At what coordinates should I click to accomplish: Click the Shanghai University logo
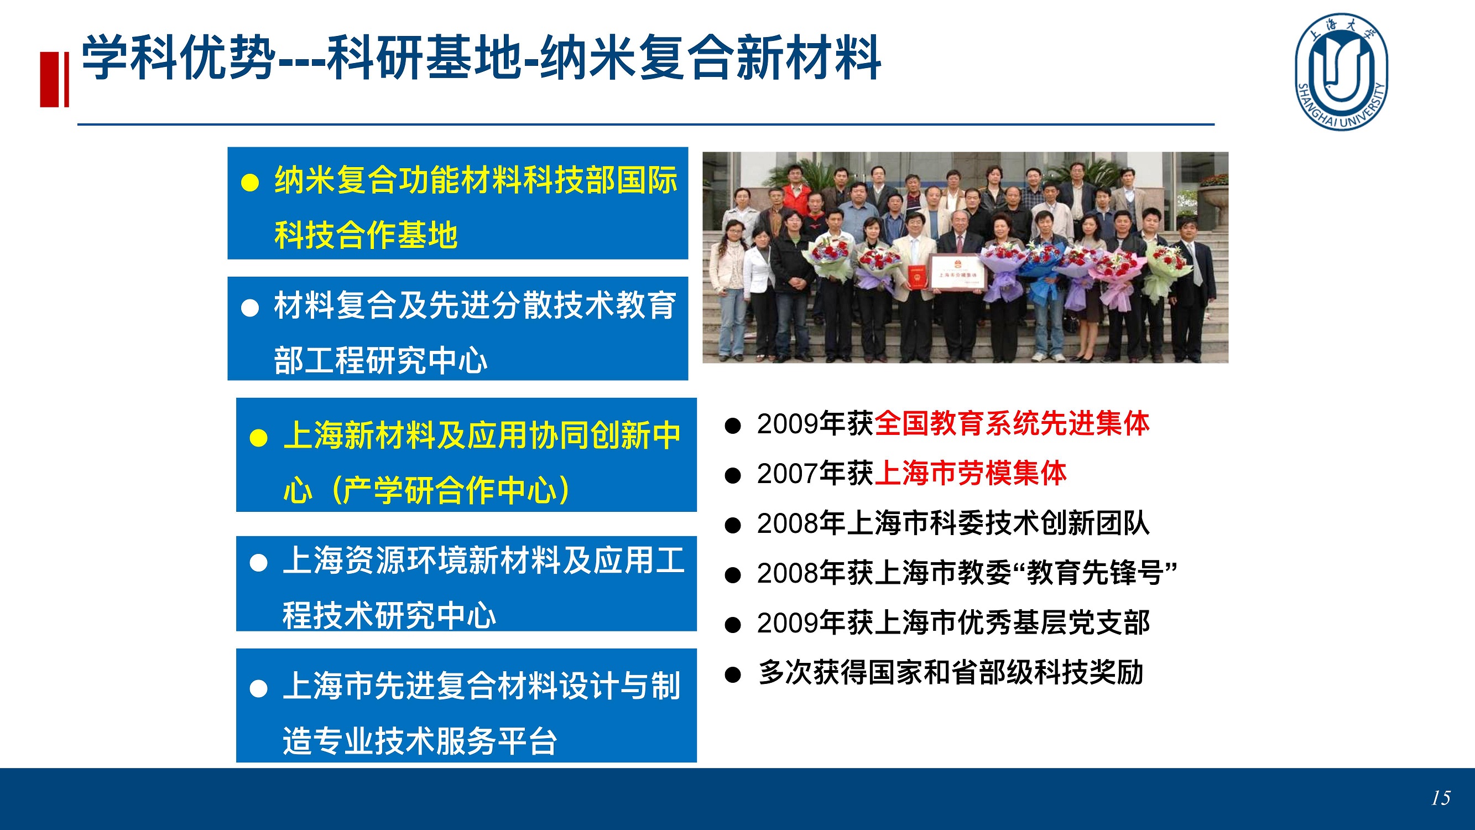[1342, 71]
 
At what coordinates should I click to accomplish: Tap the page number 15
[1441, 798]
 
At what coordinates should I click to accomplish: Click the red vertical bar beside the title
[54, 79]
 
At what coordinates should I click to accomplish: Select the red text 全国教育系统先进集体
[1012, 424]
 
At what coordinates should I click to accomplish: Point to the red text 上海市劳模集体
[971, 474]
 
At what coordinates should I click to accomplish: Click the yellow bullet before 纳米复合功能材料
[250, 183]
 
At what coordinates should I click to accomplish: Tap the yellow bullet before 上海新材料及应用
[259, 438]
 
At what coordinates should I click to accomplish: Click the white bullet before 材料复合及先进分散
[250, 308]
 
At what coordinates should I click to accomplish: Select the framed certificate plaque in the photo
[955, 273]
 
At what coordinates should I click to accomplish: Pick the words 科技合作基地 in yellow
[367, 235]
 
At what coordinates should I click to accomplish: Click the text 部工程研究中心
[381, 360]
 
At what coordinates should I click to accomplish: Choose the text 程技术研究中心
[389, 615]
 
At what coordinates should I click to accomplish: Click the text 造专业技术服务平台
[420, 741]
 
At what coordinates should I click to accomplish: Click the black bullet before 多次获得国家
[733, 674]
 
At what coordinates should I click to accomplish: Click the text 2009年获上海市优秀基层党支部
[953, 623]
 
